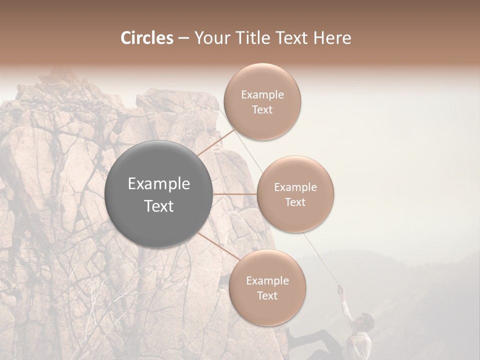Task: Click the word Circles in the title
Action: click(146, 38)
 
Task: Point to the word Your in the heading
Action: click(210, 38)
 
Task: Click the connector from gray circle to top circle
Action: click(216, 142)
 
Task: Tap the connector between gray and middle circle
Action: click(234, 194)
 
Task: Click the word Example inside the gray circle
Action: click(158, 184)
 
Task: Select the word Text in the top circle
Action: click(262, 110)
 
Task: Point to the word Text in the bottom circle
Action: click(267, 296)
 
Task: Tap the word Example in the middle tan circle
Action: click(295, 187)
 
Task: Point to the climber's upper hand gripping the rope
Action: click(340, 288)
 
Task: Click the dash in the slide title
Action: click(183, 38)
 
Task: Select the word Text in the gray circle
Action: click(158, 206)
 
